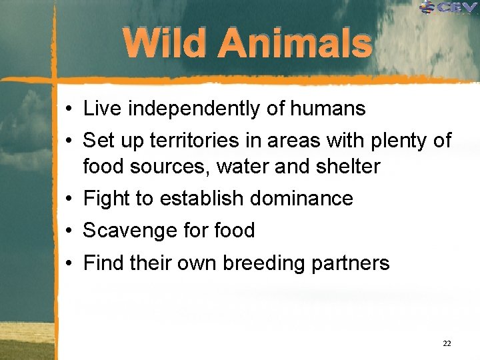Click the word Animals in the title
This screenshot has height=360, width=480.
(x=295, y=43)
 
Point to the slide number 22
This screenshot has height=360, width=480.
(x=447, y=343)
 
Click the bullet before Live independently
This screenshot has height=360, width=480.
(x=69, y=109)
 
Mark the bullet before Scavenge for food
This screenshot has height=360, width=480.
(x=69, y=231)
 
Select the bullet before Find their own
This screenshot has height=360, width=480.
(x=69, y=264)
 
